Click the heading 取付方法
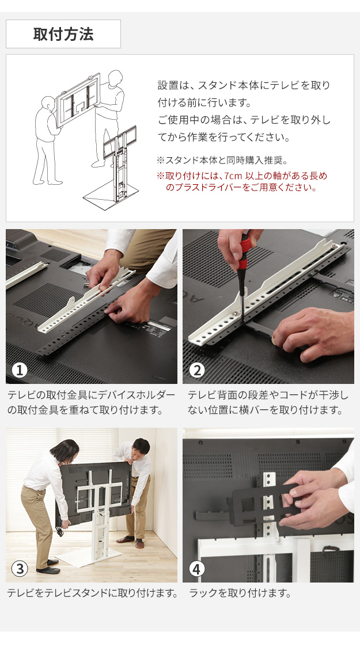(63, 34)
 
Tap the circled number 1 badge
(19, 370)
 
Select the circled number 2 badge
(196, 370)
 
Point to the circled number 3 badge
(19, 568)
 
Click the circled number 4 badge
(196, 568)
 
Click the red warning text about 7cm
(242, 181)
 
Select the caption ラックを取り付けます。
(240, 593)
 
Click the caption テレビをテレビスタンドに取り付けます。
(92, 593)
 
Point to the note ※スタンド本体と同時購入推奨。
(222, 161)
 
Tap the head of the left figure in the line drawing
(49, 103)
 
